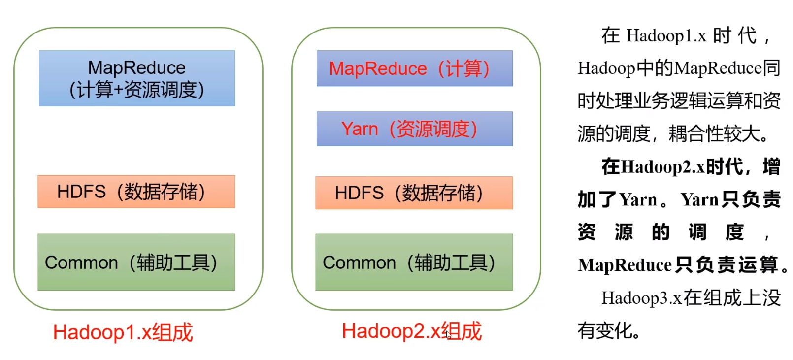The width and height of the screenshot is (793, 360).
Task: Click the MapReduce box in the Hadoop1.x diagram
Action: pos(137,78)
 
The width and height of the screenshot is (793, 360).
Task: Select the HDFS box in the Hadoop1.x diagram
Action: pos(136,192)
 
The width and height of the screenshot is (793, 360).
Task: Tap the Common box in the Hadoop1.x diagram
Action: pos(136,262)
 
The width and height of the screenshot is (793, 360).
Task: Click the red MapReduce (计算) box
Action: pos(414,68)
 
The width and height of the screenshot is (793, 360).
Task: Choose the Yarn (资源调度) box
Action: pos(414,129)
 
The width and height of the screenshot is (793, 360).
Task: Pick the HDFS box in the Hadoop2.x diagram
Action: pos(414,193)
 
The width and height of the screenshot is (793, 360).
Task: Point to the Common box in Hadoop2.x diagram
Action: pos(414,262)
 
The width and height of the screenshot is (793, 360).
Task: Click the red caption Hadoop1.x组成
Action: pos(123,332)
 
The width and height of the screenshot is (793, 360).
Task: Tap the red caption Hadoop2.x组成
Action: pos(412,331)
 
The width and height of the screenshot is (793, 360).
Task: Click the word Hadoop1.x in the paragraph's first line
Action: pos(666,36)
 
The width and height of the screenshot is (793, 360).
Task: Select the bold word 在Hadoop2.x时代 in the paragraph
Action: pos(672,167)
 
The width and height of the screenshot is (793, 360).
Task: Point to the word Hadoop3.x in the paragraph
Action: pos(641,298)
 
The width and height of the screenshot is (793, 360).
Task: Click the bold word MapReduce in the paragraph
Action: pos(625,265)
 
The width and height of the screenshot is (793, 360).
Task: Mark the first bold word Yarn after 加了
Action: pos(638,200)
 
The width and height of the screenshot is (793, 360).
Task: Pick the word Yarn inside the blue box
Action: pos(360,129)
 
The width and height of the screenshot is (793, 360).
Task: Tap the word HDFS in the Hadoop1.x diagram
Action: pos(81,192)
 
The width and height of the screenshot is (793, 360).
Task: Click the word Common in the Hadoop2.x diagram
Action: pos(359,262)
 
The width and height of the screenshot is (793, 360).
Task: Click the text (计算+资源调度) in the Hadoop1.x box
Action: pos(137,90)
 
